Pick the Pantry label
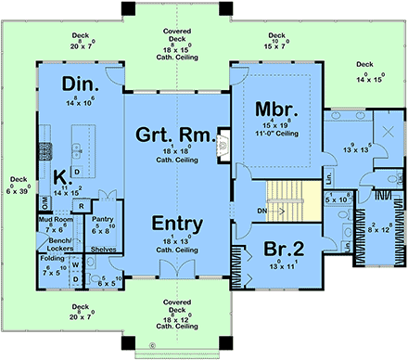click(103, 221)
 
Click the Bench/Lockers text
click(55, 243)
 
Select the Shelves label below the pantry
click(104, 249)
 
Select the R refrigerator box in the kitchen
click(82, 206)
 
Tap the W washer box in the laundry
click(75, 264)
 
